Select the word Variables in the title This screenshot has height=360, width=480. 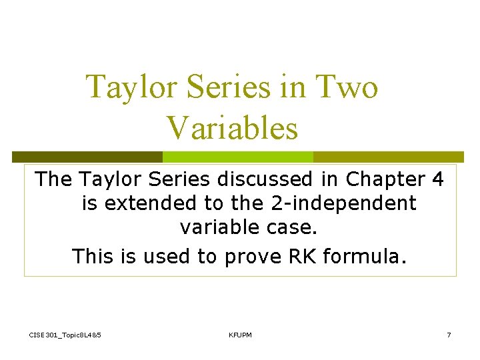pyautogui.click(x=231, y=127)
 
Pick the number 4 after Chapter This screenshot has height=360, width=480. pyautogui.click(x=438, y=179)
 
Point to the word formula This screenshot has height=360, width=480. pyautogui.click(x=363, y=255)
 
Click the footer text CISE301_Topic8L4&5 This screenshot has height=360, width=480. pyautogui.click(x=65, y=335)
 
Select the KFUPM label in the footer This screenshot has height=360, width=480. pyautogui.click(x=240, y=335)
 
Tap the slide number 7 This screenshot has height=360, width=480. pyautogui.click(x=449, y=335)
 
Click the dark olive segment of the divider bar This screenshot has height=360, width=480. pyautogui.click(x=87, y=157)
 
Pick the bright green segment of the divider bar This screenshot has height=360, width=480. pyautogui.click(x=238, y=157)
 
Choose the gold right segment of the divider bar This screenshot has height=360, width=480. pyautogui.click(x=393, y=157)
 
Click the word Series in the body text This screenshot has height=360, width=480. pyautogui.click(x=175, y=179)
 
